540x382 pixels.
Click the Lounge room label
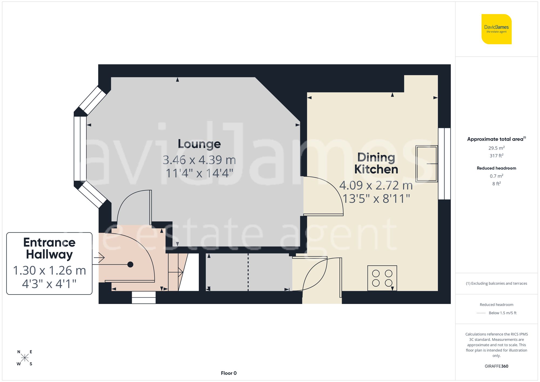199,144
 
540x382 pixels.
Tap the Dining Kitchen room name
376,163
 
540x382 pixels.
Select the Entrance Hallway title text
49,248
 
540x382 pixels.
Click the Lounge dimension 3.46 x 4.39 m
199,160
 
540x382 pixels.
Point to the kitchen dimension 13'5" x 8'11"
376,199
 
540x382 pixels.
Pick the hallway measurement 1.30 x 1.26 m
49,271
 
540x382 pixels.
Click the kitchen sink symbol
427,164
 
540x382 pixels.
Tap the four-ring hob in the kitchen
382,278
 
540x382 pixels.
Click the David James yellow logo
496,29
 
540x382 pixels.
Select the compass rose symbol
25,358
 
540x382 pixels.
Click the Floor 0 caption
229,373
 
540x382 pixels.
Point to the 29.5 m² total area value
496,148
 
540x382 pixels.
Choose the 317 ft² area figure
496,156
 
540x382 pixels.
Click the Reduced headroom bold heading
496,168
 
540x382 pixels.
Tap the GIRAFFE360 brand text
496,366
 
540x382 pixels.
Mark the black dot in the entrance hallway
130,264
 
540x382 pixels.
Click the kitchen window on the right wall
444,164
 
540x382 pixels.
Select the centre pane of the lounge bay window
80,148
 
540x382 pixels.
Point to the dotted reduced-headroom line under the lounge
248,272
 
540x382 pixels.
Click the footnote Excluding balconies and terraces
496,283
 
